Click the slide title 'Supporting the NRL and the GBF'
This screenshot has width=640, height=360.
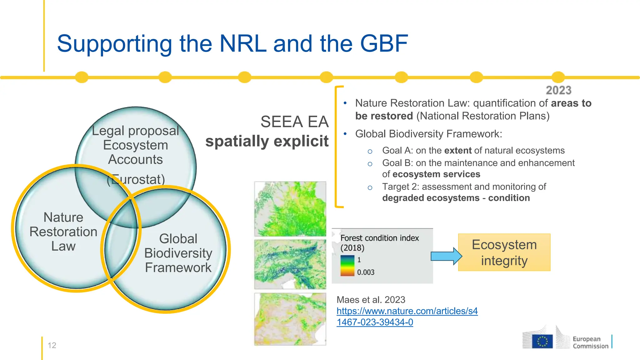pos(232,43)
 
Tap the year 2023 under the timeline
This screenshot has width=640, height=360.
pos(558,91)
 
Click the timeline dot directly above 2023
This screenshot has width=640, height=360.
pos(558,77)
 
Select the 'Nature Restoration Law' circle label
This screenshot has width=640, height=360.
pos(63,232)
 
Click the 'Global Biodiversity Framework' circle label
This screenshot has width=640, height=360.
pos(178,253)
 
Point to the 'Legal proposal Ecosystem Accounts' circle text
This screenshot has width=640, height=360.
pos(135,145)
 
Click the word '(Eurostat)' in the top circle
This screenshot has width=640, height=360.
pos(136,179)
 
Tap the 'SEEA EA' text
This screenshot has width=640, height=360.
pos(294,122)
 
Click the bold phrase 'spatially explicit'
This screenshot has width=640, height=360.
pos(267,141)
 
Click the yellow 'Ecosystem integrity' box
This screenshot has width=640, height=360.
pos(504,252)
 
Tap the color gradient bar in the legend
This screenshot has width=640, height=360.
pos(347,266)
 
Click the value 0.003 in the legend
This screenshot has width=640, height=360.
pos(366,272)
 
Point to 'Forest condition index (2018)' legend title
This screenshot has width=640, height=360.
pos(379,242)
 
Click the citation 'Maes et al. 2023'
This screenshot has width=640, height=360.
pos(371,300)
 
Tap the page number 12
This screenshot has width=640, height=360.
pos(52,345)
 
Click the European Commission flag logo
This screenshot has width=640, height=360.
pos(542,341)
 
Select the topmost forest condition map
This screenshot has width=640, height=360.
pos(290,209)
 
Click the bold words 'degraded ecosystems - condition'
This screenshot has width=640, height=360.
pos(456,198)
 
